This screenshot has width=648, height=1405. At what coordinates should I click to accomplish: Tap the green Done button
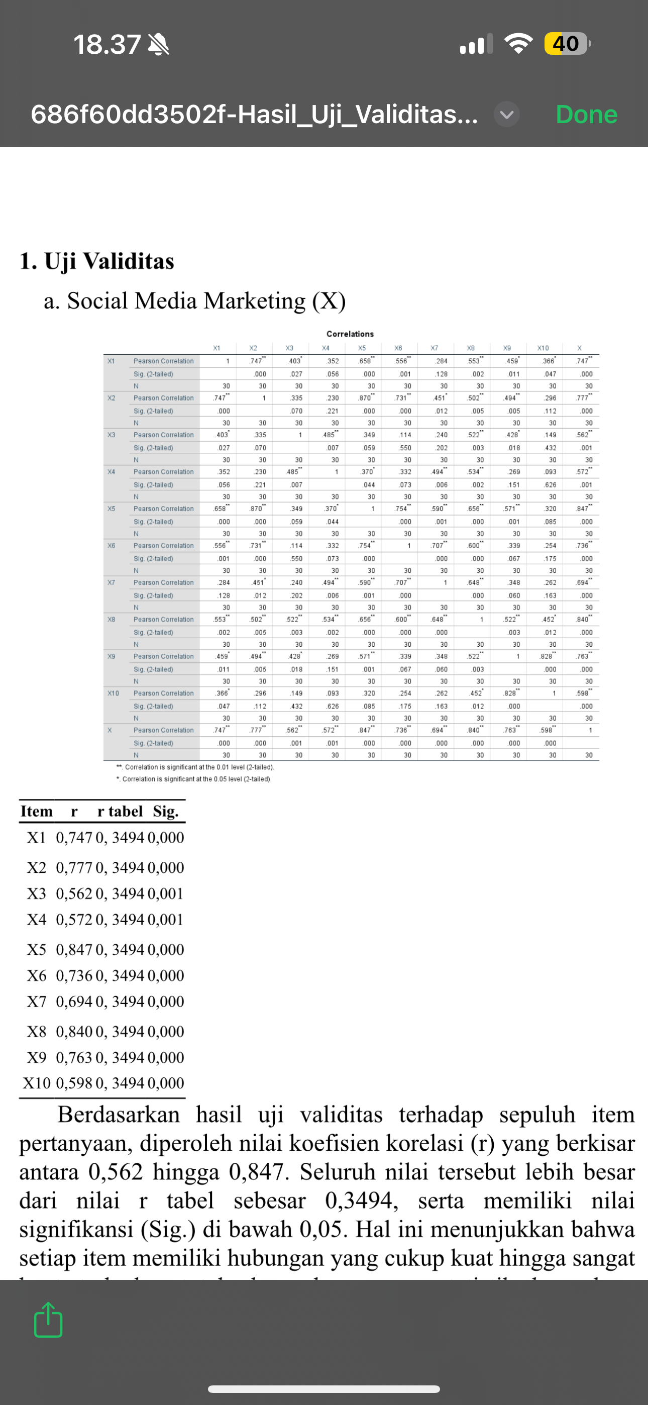tap(586, 115)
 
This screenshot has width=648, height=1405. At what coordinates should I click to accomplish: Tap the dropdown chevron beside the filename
tap(507, 115)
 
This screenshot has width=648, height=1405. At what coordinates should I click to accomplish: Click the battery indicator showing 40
tap(566, 44)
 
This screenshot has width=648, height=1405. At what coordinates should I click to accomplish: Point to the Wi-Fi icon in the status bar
tap(518, 44)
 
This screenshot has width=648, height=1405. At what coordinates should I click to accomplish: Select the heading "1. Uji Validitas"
tap(97, 261)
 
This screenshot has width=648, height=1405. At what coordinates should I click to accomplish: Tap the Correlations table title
tap(350, 334)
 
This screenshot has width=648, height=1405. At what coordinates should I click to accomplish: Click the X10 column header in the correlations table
tap(543, 348)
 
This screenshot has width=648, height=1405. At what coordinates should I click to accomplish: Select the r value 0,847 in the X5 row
tap(74, 950)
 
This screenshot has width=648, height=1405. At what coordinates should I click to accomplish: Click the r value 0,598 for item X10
tap(74, 1083)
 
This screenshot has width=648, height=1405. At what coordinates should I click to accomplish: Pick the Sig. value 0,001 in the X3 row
tap(165, 893)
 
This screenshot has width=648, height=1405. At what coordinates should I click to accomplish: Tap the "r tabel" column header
tap(120, 812)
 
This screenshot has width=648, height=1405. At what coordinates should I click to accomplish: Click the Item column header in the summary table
tap(37, 812)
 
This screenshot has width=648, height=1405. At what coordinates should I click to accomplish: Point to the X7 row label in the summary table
tap(37, 1001)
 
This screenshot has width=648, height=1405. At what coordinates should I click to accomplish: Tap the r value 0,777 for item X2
tap(74, 867)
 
